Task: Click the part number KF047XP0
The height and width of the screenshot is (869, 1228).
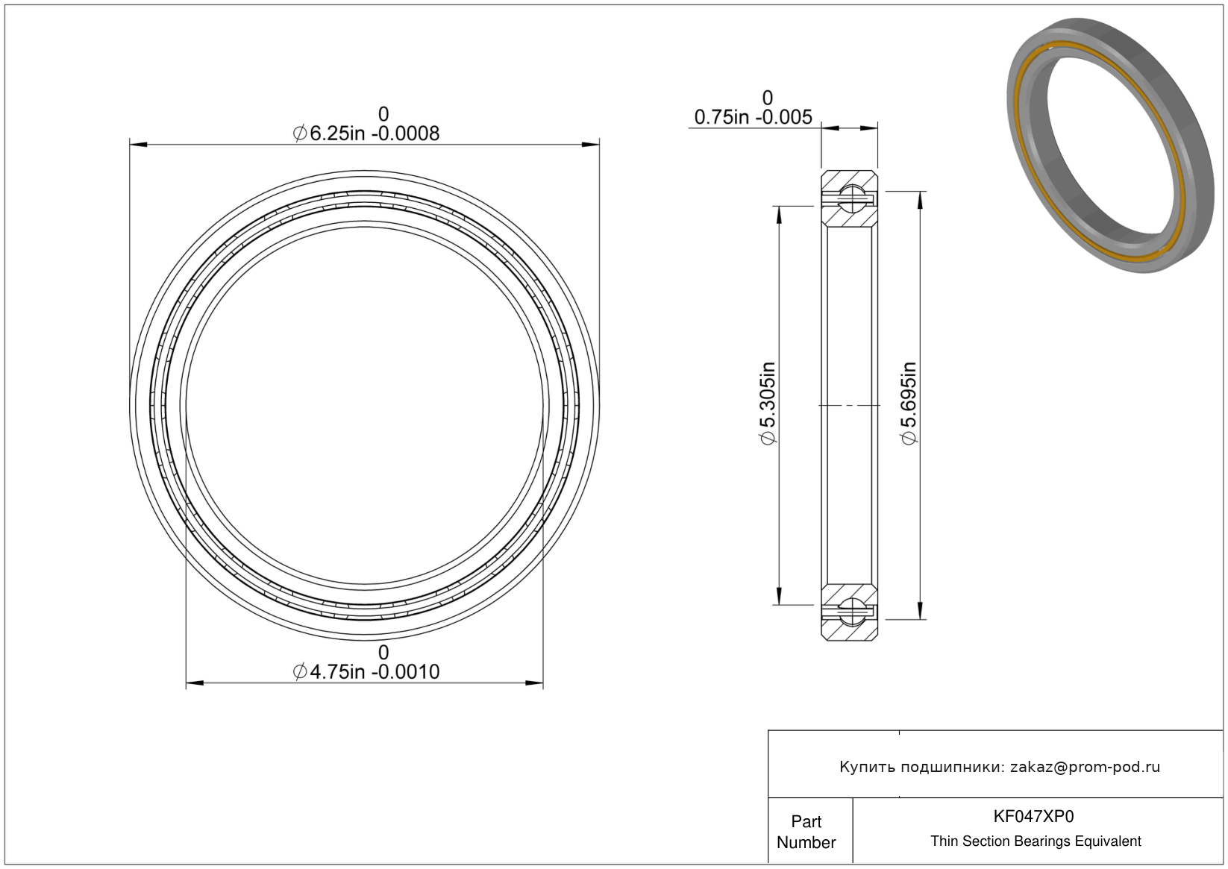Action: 1034,816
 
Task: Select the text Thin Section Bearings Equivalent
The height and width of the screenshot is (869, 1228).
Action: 1036,841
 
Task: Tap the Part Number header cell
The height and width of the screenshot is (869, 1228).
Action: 806,832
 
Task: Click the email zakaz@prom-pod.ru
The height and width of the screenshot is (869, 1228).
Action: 1085,767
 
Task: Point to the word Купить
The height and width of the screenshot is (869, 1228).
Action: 867,768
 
